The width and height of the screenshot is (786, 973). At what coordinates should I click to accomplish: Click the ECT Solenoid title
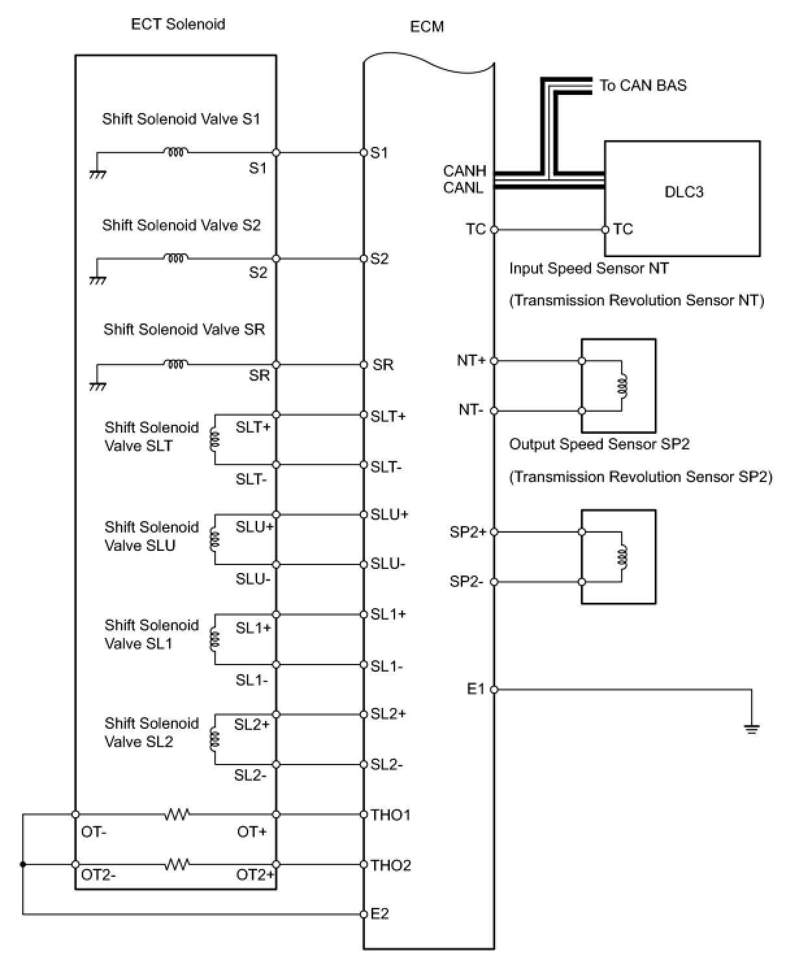click(x=178, y=25)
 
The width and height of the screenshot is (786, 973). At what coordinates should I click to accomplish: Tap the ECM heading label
click(x=427, y=27)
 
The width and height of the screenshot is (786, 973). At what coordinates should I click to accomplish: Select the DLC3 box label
click(x=683, y=192)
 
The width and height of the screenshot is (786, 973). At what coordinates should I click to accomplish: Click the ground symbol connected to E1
click(x=752, y=728)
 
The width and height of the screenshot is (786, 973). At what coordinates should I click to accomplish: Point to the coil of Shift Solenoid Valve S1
click(x=175, y=152)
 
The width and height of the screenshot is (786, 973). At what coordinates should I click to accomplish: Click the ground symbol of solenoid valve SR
click(x=97, y=386)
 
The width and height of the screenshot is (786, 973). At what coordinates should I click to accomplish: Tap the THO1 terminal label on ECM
click(x=390, y=815)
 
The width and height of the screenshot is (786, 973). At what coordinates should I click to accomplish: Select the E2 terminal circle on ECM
click(x=364, y=915)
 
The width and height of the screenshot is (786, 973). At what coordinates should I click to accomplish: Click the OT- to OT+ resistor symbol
click(x=176, y=814)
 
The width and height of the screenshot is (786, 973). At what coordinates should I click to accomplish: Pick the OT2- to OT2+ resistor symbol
click(x=176, y=865)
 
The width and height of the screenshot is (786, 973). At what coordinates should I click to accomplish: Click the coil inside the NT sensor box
click(x=622, y=386)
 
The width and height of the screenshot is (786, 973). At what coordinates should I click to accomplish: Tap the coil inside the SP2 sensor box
click(x=622, y=557)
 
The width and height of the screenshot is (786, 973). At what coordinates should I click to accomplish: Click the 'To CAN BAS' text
click(x=642, y=86)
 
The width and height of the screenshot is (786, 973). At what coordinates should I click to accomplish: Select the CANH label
click(x=464, y=171)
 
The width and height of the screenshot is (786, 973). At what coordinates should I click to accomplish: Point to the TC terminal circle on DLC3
click(x=605, y=229)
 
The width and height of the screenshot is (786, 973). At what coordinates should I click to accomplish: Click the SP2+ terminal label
click(x=468, y=533)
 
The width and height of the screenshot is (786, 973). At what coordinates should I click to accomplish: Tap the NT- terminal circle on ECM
click(x=494, y=411)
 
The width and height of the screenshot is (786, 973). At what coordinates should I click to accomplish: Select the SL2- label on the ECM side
click(x=387, y=765)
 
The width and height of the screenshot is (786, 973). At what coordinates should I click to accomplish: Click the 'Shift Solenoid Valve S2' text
click(x=181, y=225)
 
